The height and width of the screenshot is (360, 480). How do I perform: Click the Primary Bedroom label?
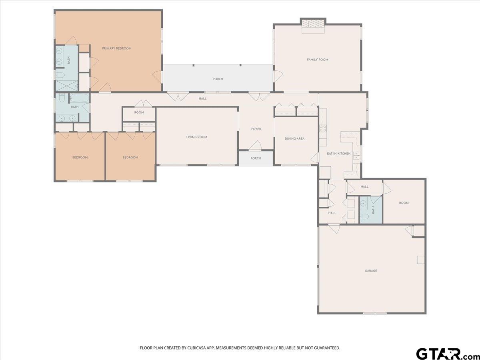click(x=116, y=48)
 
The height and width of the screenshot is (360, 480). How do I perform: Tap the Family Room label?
click(x=317, y=60)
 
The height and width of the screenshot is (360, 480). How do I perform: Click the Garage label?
click(x=371, y=271)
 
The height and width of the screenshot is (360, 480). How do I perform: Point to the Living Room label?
click(x=196, y=137)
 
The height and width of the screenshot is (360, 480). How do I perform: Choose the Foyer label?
click(x=256, y=129)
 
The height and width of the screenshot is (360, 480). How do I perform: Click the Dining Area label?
click(x=294, y=138)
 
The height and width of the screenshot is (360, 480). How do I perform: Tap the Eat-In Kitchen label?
click(x=338, y=154)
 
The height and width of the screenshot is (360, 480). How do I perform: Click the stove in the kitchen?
click(x=323, y=128)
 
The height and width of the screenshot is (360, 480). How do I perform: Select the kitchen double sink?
click(x=356, y=155)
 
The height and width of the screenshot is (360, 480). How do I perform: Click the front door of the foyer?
click(x=255, y=146)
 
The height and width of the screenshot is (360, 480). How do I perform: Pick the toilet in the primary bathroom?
click(x=60, y=76)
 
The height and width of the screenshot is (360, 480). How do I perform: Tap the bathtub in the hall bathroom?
click(x=79, y=98)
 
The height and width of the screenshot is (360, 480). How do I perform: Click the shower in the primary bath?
click(x=66, y=86)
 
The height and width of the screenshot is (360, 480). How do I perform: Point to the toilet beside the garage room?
click(x=364, y=216)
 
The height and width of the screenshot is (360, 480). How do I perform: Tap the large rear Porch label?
click(x=218, y=79)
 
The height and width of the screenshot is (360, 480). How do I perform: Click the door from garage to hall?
click(x=334, y=228)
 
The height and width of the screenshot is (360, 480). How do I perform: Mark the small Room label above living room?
click(x=139, y=112)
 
